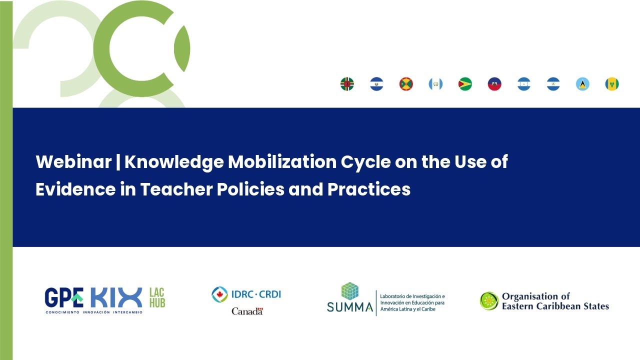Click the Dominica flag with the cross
(347, 84)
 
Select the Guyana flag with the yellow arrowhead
(465, 84)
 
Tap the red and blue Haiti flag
(494, 84)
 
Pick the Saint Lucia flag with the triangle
(582, 84)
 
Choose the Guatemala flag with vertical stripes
(435, 84)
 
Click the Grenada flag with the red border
(406, 84)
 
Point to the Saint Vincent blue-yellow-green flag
(612, 84)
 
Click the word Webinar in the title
(73, 162)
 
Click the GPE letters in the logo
(63, 298)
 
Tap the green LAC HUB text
(157, 297)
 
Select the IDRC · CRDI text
(255, 294)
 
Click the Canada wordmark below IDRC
(247, 311)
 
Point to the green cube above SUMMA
(350, 291)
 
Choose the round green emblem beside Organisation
(489, 301)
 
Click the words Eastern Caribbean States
(555, 306)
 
